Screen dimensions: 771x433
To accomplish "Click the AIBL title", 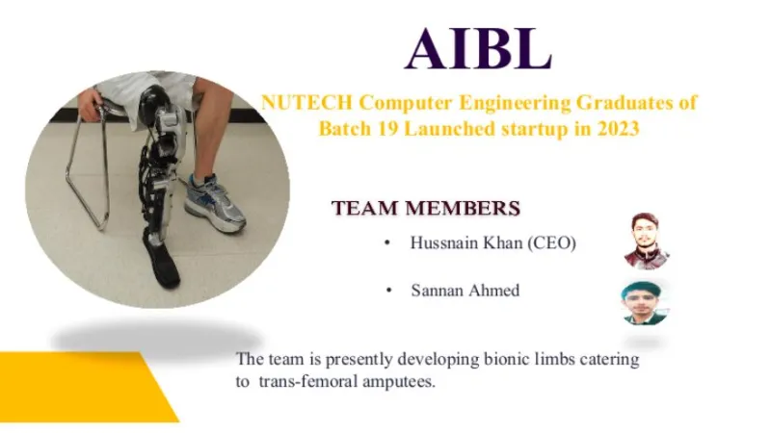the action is coord(478,48).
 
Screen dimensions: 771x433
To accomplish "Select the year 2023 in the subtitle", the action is coord(618,129).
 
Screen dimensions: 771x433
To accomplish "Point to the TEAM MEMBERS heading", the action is coord(426,208).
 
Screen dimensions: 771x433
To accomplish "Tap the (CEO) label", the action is coord(551,243).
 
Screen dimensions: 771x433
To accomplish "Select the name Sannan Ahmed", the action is coord(465,291).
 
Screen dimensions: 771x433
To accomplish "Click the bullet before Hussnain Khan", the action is coord(387,243).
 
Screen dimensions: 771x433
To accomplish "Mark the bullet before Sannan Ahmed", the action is coord(389,292).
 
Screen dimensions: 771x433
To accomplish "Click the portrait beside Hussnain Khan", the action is coord(646,241).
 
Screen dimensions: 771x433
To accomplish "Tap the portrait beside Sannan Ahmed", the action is coord(645,302).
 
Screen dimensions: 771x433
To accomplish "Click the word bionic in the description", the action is coord(505,359).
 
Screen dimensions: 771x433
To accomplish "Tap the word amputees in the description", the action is coord(399,382).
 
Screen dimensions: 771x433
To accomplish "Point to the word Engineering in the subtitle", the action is coord(515,104).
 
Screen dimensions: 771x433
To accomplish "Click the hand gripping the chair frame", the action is coord(91,103).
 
